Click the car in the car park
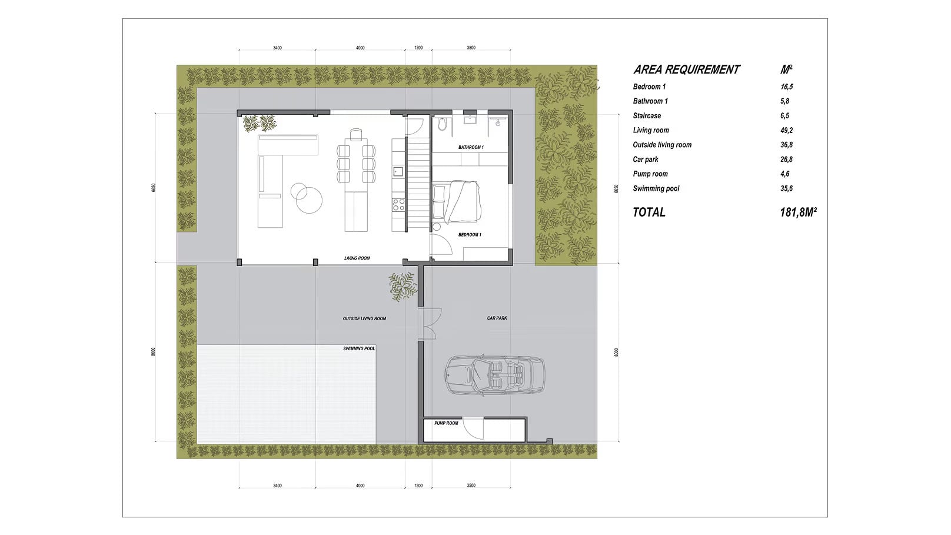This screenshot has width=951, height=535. (x=494, y=376)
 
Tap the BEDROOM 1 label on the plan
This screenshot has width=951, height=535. (x=470, y=234)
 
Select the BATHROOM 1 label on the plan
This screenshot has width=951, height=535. (x=471, y=147)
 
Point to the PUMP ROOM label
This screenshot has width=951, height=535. (x=446, y=423)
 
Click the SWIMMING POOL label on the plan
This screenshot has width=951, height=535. (x=359, y=348)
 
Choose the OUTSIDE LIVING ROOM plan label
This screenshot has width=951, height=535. (x=364, y=318)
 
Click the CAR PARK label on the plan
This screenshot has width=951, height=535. (x=497, y=318)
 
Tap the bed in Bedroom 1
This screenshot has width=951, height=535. (x=457, y=202)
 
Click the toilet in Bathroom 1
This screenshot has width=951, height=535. (x=443, y=123)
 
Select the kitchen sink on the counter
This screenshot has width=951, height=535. (x=398, y=171)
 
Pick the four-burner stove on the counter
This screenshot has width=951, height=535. (x=398, y=205)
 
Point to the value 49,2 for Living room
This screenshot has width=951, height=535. (x=786, y=130)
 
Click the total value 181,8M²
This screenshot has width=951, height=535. (x=798, y=212)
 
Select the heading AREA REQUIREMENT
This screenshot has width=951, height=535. (x=686, y=69)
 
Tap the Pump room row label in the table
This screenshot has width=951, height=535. (x=650, y=174)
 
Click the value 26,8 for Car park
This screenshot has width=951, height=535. (x=786, y=159)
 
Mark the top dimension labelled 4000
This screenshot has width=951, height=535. (x=360, y=48)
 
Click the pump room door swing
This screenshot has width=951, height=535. (x=473, y=429)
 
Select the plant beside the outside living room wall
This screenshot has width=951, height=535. (x=403, y=287)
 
